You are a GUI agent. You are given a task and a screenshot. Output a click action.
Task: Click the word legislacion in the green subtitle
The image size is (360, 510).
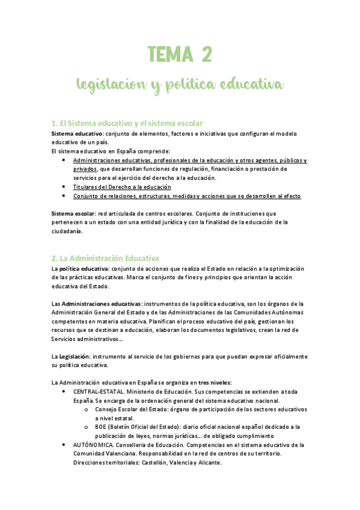click(109, 85)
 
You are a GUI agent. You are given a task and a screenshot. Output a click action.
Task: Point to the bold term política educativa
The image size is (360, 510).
click(81, 268)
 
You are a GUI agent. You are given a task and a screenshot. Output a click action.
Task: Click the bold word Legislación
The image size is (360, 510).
click(77, 356)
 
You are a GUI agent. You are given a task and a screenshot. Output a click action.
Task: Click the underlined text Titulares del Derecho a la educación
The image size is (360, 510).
click(122, 187)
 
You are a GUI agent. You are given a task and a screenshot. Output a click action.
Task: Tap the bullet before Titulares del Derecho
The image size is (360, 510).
click(64, 187)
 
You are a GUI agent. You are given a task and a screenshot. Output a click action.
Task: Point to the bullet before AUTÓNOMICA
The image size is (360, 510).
click(64, 444)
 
